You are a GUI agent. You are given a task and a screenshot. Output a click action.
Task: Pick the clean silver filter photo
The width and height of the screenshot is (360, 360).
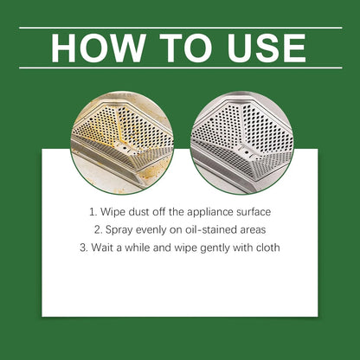237,143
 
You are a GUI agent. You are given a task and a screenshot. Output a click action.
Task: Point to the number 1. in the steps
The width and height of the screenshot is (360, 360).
93,210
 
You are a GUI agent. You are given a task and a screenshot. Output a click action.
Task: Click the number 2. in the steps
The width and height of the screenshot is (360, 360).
100,230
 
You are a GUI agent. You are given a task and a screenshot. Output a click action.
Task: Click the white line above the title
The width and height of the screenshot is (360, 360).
180,28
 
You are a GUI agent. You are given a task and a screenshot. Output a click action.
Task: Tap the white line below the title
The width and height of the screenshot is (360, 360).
180,67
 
